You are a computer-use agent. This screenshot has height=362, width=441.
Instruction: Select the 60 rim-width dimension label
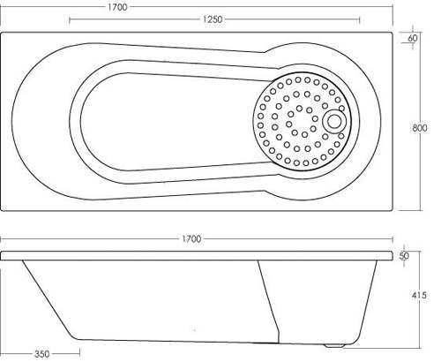(x=413, y=39)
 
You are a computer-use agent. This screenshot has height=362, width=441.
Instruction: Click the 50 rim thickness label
(x=404, y=256)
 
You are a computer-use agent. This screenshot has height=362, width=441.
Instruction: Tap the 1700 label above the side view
(x=191, y=239)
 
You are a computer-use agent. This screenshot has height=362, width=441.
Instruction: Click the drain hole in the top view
(x=335, y=121)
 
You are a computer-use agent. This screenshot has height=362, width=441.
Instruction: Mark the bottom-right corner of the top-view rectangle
(x=392, y=209)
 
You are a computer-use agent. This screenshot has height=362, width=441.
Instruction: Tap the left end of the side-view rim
(x=4, y=256)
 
